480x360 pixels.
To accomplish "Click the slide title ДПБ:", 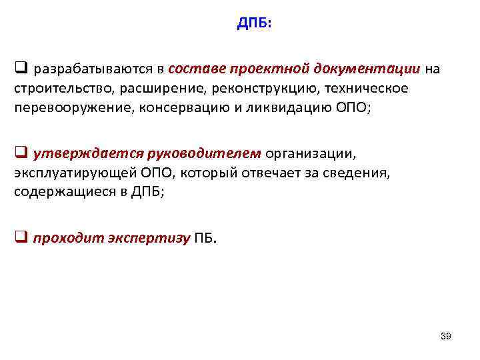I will tap(255, 24).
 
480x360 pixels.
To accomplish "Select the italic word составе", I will tap(197, 69).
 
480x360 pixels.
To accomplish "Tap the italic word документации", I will tap(371, 69).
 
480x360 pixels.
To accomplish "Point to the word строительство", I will tap(58, 89).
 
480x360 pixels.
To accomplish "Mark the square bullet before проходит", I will tap(20, 238).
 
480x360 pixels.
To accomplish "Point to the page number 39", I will tap(446, 337).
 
